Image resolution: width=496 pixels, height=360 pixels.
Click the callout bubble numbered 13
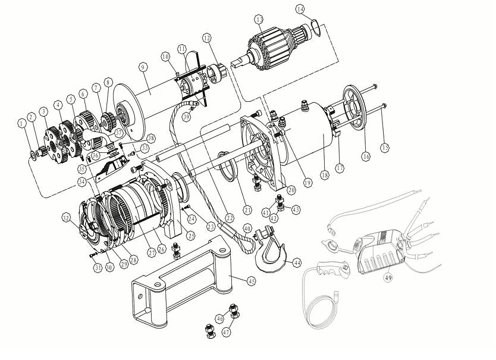259,20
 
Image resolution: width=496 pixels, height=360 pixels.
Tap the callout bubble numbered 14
300,10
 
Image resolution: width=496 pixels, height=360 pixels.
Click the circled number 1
21,124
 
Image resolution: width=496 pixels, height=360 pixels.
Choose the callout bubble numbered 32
66,218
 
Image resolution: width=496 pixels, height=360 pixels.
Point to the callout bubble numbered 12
206,38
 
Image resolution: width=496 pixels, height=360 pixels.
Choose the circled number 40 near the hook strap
247,228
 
